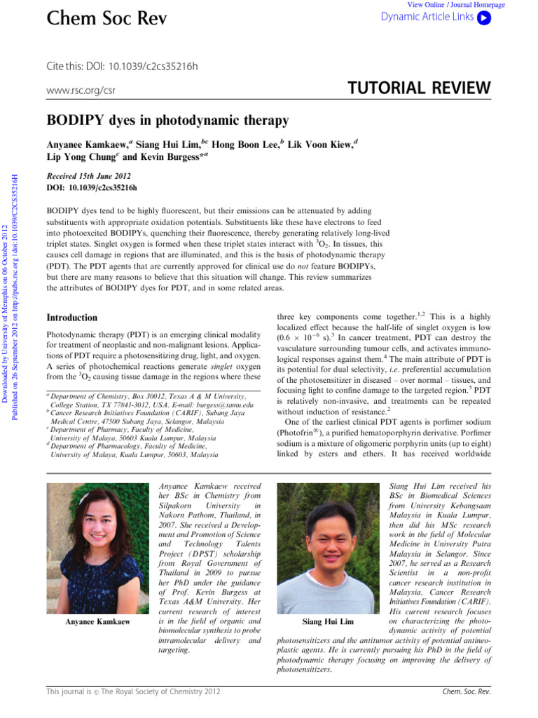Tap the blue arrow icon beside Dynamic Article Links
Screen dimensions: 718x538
pos(483,18)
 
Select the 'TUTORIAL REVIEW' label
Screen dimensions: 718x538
pos(419,88)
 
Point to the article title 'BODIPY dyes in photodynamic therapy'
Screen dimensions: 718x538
pos(167,121)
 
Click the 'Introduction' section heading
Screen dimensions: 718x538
pos(71,318)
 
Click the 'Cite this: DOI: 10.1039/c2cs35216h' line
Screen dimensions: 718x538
pos(122,67)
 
